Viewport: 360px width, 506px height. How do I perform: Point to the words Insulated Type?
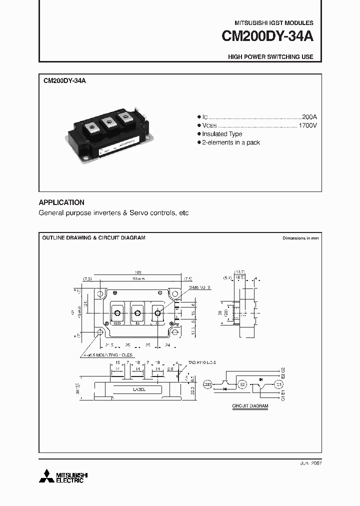222,134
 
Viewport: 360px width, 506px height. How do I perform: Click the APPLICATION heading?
61,202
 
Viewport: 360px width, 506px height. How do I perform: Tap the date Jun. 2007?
309,463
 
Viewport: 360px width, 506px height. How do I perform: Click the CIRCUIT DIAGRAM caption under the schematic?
250,406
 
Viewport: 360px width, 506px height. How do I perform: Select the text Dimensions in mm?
300,238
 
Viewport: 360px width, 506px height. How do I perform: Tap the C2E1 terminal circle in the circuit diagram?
207,384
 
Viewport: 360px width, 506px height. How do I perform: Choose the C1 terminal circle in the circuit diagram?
279,384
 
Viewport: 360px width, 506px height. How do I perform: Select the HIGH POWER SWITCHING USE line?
270,57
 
